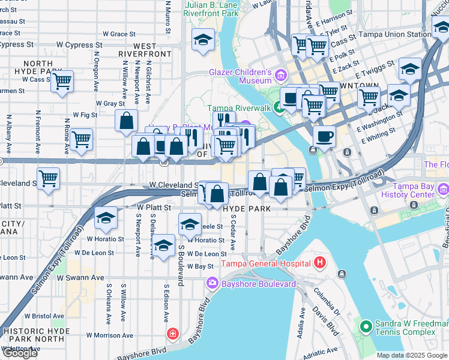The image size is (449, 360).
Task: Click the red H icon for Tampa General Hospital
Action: coord(320,263)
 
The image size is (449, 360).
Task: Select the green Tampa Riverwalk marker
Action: coord(279,108)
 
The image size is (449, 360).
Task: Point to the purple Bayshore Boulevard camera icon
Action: coord(212,283)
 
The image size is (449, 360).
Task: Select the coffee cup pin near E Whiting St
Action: coord(324,136)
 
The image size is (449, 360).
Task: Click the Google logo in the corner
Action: coord(20,353)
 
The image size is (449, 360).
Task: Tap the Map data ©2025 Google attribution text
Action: coord(411,355)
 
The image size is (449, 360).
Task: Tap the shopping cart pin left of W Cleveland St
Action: coord(48,178)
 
